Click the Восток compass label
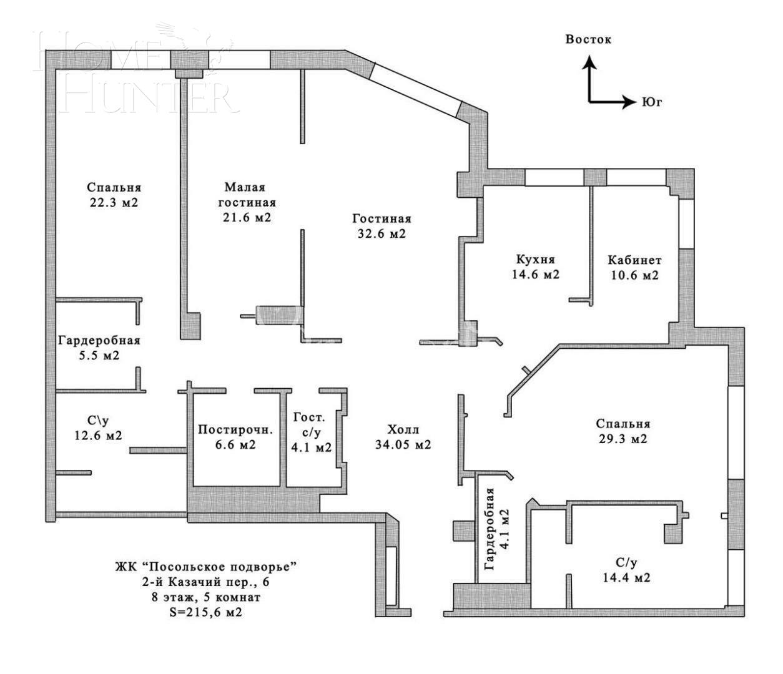(x=588, y=39)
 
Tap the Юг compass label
(x=651, y=102)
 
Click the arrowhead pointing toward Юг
(x=628, y=102)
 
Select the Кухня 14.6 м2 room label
(x=535, y=266)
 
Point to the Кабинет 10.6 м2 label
(x=634, y=267)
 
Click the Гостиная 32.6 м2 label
(x=382, y=227)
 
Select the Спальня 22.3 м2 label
(x=114, y=195)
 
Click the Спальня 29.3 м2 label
(x=623, y=431)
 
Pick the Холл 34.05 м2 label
(x=403, y=437)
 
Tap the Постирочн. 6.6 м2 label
(x=235, y=437)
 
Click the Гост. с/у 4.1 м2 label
(x=311, y=432)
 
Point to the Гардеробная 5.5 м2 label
(x=99, y=348)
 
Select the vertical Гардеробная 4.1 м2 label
(x=497, y=529)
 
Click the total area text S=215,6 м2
(x=205, y=613)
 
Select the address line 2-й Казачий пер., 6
(x=205, y=582)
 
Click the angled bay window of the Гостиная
(x=416, y=87)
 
